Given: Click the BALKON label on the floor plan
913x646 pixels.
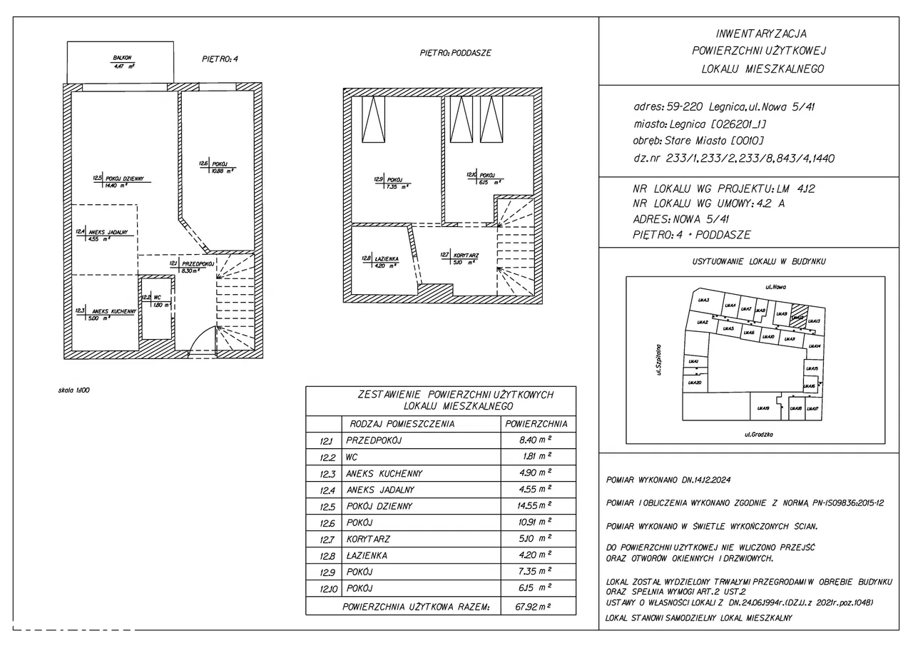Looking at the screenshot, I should (x=122, y=57).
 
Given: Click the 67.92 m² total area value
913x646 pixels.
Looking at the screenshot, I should (x=538, y=607).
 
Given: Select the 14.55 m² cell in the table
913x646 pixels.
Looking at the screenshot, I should (x=537, y=506).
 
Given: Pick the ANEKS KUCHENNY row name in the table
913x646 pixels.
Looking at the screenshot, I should (x=384, y=473).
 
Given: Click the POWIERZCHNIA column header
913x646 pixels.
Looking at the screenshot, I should (x=536, y=423).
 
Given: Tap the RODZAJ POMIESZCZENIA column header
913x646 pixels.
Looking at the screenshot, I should (x=402, y=423).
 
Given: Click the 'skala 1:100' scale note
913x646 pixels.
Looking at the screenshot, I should (x=75, y=390).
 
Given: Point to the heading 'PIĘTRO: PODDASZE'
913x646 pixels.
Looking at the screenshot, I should (x=455, y=54).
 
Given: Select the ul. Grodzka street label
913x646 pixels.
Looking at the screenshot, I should (x=759, y=434).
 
